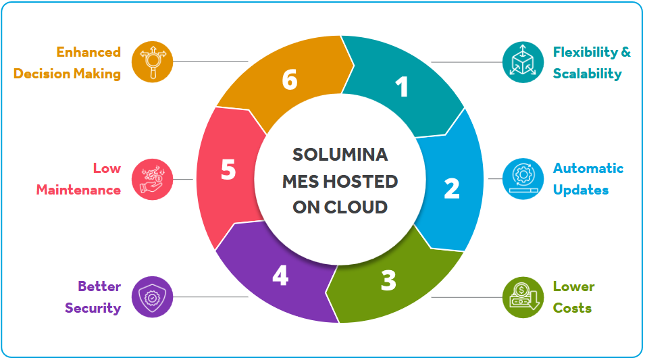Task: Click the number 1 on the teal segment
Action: tap(403, 87)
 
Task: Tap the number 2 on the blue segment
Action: tap(451, 188)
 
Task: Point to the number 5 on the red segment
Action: tap(228, 170)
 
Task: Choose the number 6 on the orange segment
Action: tap(290, 80)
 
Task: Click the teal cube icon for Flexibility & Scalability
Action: tap(523, 62)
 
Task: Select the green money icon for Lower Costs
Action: tap(523, 297)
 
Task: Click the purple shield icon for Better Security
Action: tap(153, 297)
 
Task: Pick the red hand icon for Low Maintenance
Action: tap(153, 179)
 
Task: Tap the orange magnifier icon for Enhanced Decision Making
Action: tap(153, 62)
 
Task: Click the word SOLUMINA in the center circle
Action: tap(340, 155)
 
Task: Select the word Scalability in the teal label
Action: tap(587, 74)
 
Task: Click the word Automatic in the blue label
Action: tap(588, 168)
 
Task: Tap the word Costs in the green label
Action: tap(572, 308)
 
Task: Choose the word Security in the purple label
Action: tap(93, 308)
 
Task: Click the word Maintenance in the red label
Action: tap(78, 190)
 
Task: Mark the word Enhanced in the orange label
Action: tap(88, 52)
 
